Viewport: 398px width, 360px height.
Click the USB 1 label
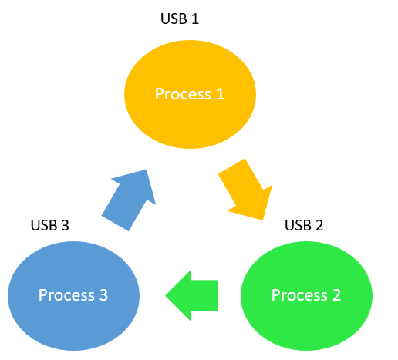pyautogui.click(x=180, y=19)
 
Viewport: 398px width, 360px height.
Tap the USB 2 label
pyautogui.click(x=304, y=225)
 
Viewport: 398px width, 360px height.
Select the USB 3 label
pyautogui.click(x=49, y=225)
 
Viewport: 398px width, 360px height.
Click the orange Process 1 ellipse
pyautogui.click(x=190, y=94)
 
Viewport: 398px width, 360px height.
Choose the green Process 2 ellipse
pyautogui.click(x=306, y=296)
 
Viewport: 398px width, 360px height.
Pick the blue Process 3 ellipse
pyautogui.click(x=73, y=296)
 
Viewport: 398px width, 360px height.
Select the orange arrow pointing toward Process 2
pyautogui.click(x=245, y=190)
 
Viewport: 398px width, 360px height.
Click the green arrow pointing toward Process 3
pyautogui.click(x=191, y=295)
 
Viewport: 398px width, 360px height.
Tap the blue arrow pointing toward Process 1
pyautogui.click(x=129, y=200)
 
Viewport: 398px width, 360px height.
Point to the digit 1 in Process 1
pyautogui.click(x=220, y=94)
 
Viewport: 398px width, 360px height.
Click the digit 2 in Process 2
pyautogui.click(x=336, y=295)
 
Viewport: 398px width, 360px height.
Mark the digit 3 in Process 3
pyautogui.click(x=103, y=295)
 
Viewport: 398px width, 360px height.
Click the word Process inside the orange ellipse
pyautogui.click(x=183, y=94)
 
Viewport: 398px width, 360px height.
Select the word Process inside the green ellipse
pyautogui.click(x=299, y=295)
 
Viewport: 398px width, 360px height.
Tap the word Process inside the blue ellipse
pyautogui.click(x=66, y=295)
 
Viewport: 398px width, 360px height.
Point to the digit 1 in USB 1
pyautogui.click(x=195, y=19)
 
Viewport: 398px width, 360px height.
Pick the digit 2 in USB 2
pyautogui.click(x=319, y=225)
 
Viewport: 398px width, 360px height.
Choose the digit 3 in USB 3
pyautogui.click(x=65, y=225)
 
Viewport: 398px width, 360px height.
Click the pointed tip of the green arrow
pyautogui.click(x=165, y=295)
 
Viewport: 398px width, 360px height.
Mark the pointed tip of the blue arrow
pyautogui.click(x=147, y=170)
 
